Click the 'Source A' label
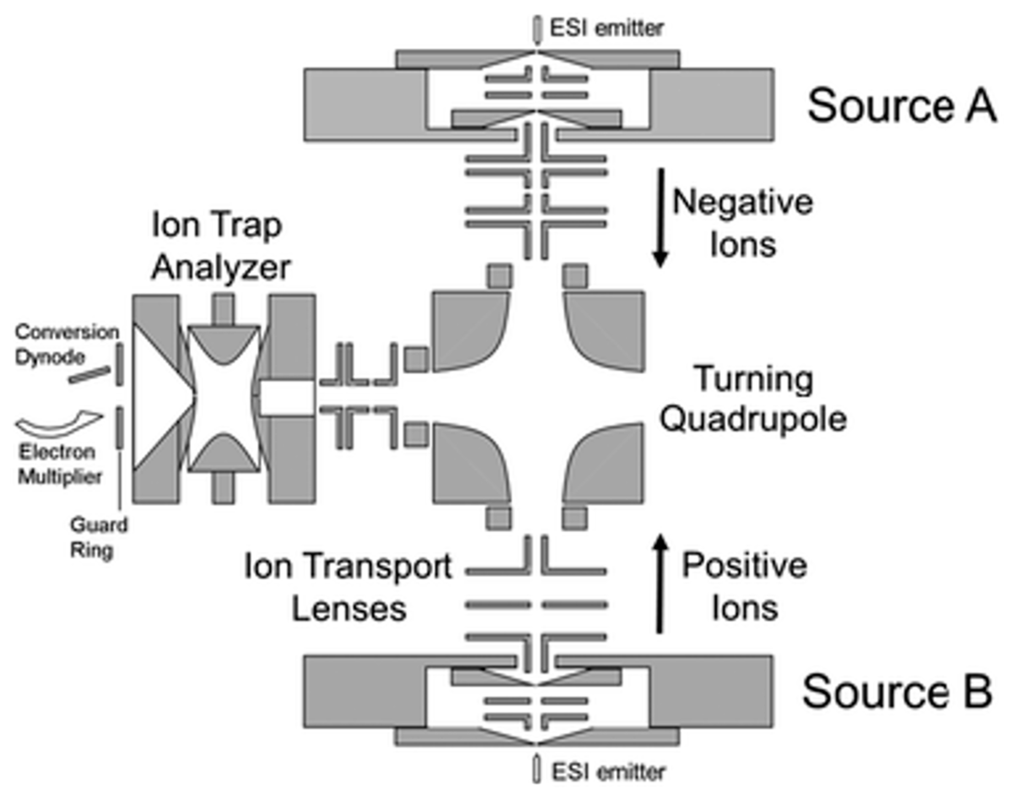click(x=901, y=106)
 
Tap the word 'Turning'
click(x=754, y=379)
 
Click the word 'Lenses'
click(x=349, y=609)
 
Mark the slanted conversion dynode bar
click(x=90, y=375)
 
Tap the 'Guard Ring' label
click(x=98, y=537)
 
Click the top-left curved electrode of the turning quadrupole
click(x=466, y=329)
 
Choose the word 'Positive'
click(x=744, y=566)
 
